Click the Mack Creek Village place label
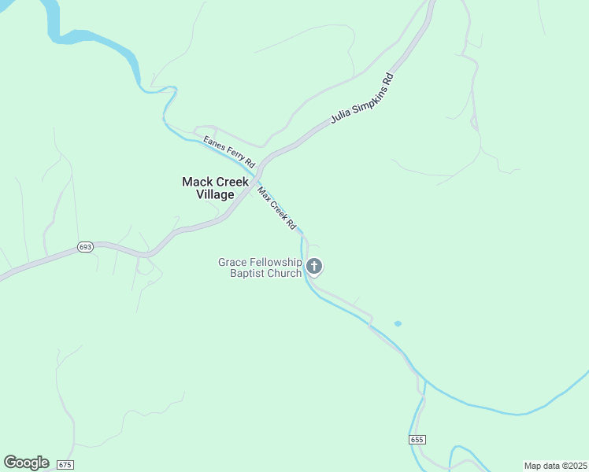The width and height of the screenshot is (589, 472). coord(215,188)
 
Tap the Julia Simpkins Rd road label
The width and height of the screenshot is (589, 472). coord(361,99)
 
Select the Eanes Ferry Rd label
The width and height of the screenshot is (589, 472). coord(229,152)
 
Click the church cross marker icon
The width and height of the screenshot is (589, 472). coord(314,267)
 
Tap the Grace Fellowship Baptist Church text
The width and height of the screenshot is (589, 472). coord(260,267)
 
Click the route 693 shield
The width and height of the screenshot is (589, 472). coord(86,247)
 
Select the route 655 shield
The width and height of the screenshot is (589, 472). coord(417,439)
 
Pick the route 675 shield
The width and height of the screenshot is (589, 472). coord(65,465)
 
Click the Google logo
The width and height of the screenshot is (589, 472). coord(26,463)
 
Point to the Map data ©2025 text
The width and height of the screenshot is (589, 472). coord(554,466)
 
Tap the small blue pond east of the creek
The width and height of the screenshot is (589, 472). coord(398,323)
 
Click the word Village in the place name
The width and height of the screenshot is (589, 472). coord(215,194)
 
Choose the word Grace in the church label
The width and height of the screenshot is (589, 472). coord(232,262)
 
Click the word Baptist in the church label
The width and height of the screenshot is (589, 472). coord(248,273)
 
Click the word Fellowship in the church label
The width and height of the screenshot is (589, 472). coord(276,262)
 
